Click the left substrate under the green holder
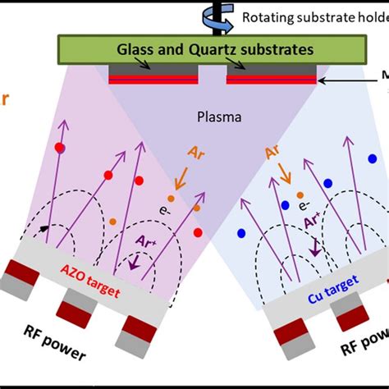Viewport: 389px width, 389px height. pos(153,76)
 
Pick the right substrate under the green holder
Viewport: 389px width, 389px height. pos(272,76)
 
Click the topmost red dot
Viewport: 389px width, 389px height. pos(59,147)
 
